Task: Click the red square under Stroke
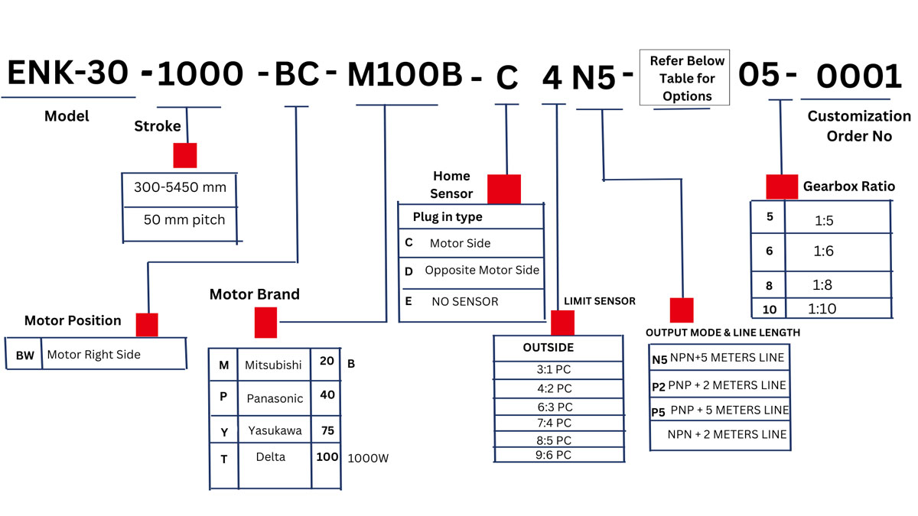click(185, 155)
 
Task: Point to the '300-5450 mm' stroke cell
click(180, 187)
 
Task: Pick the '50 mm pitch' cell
click(184, 220)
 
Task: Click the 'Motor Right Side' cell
click(94, 355)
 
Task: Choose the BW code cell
click(24, 355)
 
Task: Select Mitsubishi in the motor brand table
click(273, 365)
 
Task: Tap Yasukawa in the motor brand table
click(275, 430)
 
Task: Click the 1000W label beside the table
click(367, 458)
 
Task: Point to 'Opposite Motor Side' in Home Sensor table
click(482, 270)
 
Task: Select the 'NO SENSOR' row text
click(464, 301)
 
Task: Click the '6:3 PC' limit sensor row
click(554, 407)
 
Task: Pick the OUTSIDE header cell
click(548, 348)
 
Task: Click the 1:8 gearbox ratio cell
click(823, 284)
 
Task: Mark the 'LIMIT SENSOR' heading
click(600, 301)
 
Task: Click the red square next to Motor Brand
click(265, 323)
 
